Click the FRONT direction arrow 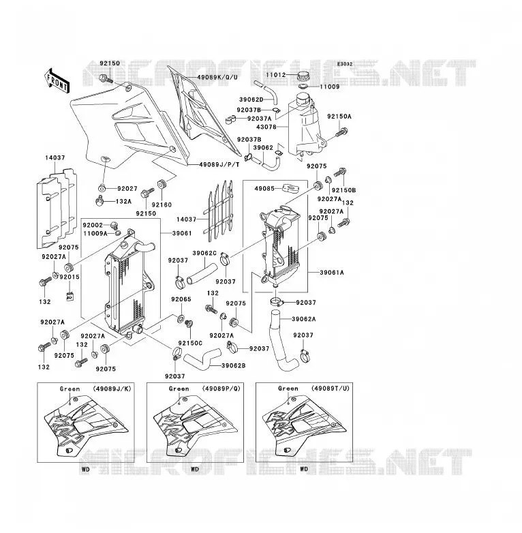(57, 80)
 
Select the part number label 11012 (275, 75)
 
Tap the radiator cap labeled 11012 (303, 76)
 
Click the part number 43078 (266, 127)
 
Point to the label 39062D (251, 100)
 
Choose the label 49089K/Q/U (217, 77)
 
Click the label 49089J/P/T (219, 164)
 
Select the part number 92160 (162, 204)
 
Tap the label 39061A (332, 272)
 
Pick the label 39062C (204, 254)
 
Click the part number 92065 (181, 299)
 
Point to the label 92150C (190, 344)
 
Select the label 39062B (234, 365)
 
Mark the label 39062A (304, 319)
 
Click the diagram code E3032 (345, 64)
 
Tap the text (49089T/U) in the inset (331, 389)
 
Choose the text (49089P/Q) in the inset (221, 389)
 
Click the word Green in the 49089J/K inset (70, 389)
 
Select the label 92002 (93, 225)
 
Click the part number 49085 (264, 188)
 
